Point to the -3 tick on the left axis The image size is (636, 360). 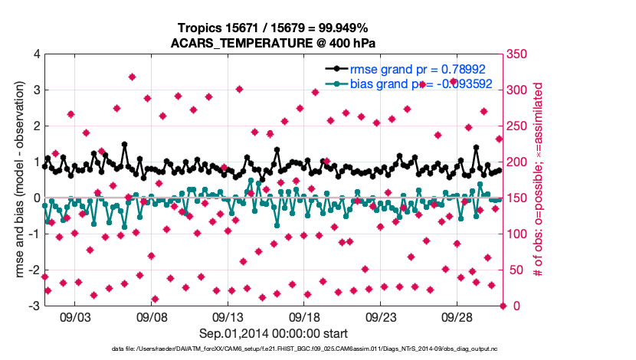pos(34,306)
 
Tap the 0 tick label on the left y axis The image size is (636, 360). pos(36,198)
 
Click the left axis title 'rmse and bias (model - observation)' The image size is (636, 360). pos(18,180)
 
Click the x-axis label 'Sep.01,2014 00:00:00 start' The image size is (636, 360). pos(274,333)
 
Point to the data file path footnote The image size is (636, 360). pos(274,349)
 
